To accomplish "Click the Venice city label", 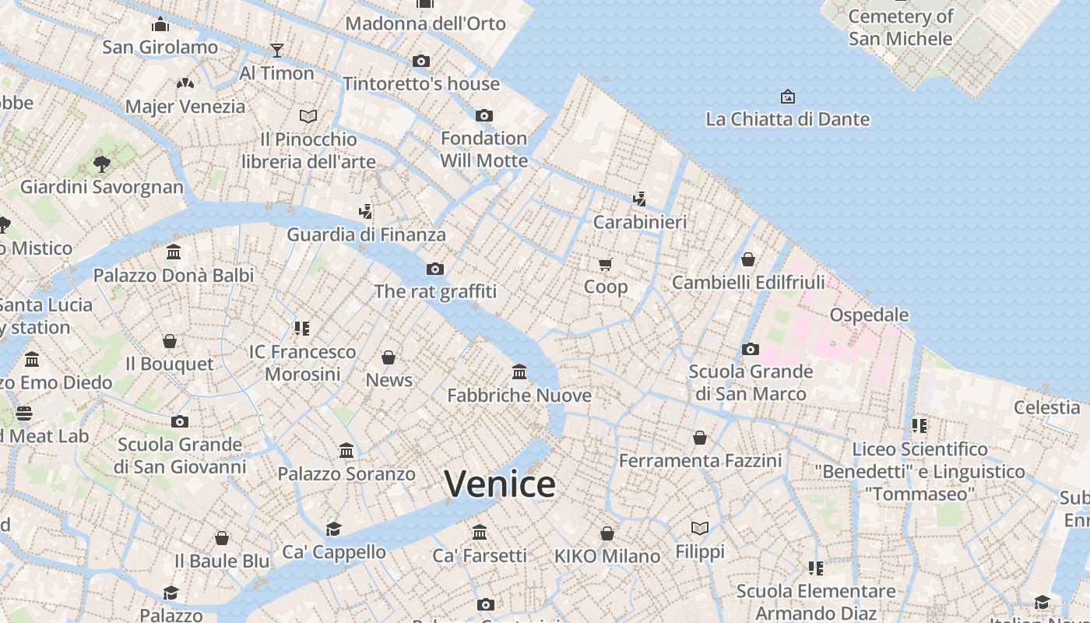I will (500, 484).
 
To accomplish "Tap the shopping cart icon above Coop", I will (606, 265).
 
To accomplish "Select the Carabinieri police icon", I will (639, 199).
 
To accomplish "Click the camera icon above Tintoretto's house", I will (421, 61).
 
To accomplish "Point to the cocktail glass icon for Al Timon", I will (276, 51).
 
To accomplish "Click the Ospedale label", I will (869, 315).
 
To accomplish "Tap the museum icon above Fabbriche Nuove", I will (519, 372).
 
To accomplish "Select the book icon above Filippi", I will (700, 529).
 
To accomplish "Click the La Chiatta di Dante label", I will (787, 119).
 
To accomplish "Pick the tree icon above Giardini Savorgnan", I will (101, 164).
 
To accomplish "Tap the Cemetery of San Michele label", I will (901, 27).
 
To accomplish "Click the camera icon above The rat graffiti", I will (435, 269).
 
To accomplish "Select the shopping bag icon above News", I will (389, 357).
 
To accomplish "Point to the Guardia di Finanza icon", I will (366, 211).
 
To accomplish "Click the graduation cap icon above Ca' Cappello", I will (334, 530).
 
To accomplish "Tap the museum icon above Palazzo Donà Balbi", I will (174, 252).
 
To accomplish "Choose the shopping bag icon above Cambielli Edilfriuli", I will (748, 259).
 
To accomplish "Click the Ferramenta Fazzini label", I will (700, 460).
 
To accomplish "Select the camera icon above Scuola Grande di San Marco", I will (751, 349).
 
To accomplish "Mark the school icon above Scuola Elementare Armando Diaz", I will (816, 568).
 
